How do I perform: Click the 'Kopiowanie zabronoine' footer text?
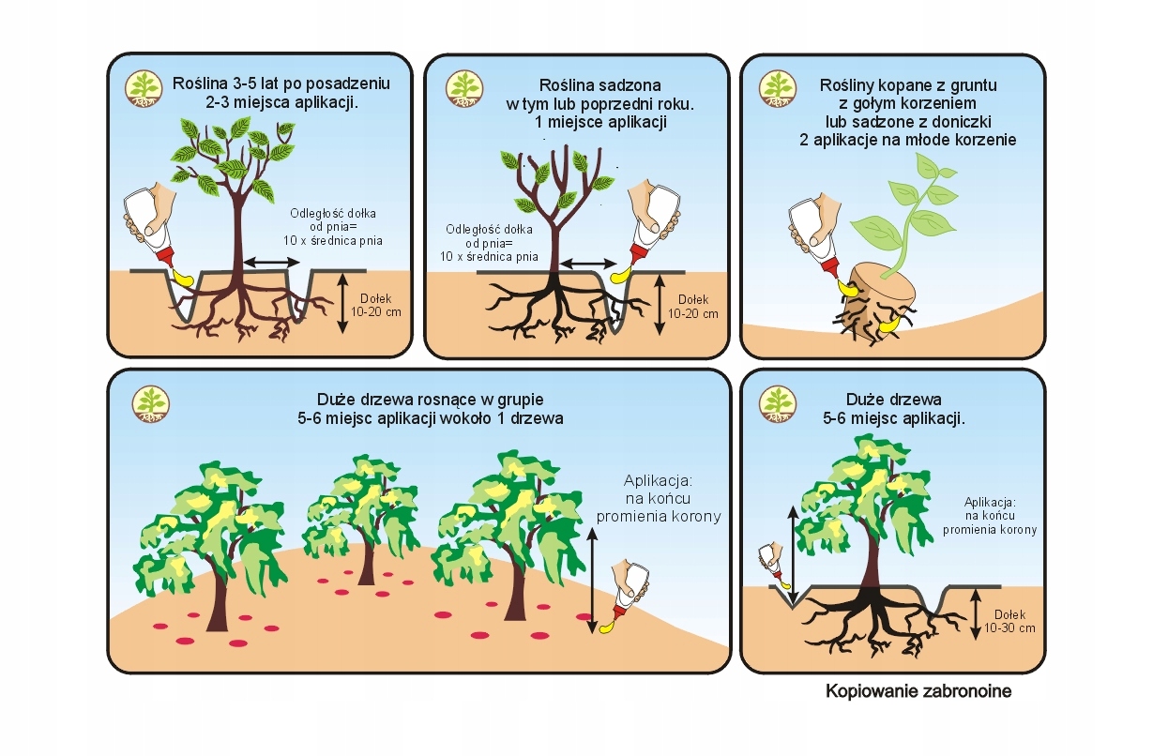click(x=918, y=692)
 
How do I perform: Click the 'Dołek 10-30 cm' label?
click(x=1013, y=621)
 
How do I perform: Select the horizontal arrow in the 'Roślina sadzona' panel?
click(x=588, y=265)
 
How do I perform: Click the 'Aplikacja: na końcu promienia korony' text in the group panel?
click(x=659, y=498)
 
